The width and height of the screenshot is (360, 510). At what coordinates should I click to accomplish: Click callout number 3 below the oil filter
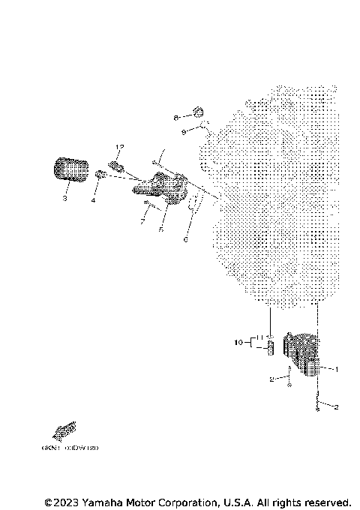(64, 199)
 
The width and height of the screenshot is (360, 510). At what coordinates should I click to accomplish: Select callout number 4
(94, 201)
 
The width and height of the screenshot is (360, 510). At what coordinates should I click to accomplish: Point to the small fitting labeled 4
(100, 175)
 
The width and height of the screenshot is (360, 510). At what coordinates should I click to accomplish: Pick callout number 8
(175, 118)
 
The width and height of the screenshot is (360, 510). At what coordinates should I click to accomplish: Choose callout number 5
(160, 231)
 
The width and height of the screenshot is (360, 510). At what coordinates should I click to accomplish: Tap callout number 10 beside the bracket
(238, 343)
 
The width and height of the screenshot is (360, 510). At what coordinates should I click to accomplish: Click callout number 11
(256, 338)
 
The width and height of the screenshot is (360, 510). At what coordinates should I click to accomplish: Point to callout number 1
(337, 369)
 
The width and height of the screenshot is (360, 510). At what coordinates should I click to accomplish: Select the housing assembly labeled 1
(302, 353)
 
